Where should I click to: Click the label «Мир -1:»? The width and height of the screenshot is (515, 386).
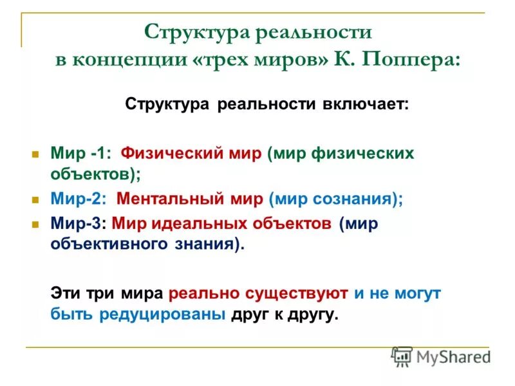(x=81, y=154)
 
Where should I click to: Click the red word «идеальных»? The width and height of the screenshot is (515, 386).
(x=187, y=223)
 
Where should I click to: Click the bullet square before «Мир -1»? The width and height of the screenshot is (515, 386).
(x=36, y=154)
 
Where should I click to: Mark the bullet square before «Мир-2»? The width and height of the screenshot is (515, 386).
(x=36, y=199)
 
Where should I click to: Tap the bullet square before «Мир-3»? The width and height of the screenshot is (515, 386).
(x=36, y=224)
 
